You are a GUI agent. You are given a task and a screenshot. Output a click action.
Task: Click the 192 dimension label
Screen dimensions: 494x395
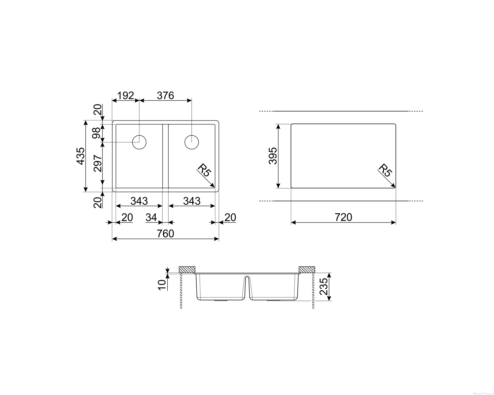pos(125,95)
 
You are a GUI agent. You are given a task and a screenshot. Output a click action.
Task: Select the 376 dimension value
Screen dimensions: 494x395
pos(165,95)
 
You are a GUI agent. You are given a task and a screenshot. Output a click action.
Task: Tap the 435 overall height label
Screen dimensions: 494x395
pos(81,156)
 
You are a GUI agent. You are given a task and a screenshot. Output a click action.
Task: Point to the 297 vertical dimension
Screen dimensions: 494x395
pos(98,163)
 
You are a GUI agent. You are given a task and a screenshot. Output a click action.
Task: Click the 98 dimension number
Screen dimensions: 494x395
pos(96,133)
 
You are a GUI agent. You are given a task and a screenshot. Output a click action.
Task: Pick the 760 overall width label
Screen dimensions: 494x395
pos(165,234)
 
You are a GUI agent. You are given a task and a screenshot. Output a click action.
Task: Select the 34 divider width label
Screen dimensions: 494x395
pos(151,217)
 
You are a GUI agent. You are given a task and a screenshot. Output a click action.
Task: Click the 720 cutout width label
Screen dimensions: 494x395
pos(343,217)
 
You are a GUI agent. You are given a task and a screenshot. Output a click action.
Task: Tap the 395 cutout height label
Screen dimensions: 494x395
pos(273,156)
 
